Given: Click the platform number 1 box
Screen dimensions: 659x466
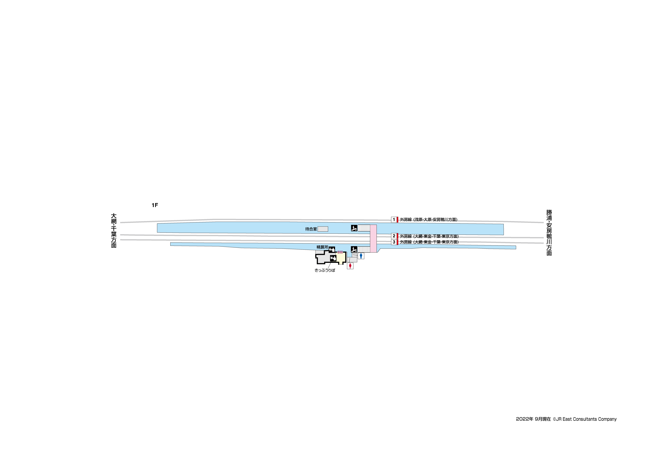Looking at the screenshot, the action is [394, 220].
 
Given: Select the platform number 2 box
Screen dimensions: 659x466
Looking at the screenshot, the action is [394, 236].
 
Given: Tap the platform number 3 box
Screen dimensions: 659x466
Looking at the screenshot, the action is [394, 242].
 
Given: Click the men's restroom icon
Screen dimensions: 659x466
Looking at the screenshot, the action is [361, 256].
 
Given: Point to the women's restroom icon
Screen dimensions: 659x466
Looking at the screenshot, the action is [350, 266].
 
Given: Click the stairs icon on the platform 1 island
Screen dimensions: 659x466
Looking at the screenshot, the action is [354, 228].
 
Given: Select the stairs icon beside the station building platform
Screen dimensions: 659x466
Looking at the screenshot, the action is [354, 249].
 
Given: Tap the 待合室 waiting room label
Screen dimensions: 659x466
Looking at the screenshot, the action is [311, 229].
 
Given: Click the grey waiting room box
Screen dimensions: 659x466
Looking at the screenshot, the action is [323, 229].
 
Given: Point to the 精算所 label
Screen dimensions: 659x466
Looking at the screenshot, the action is [322, 247].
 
